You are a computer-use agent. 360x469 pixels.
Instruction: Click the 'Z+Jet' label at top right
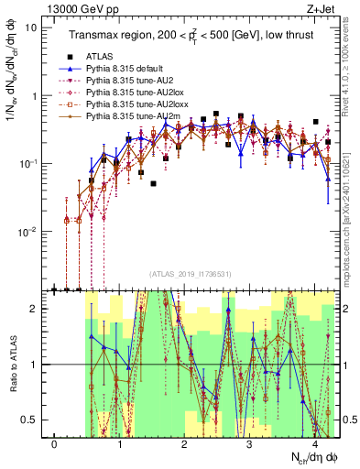[x=322, y=8]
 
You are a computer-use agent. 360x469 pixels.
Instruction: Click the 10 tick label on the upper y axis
[x=31, y=27]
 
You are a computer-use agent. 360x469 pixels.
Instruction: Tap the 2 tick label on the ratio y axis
[x=32, y=309]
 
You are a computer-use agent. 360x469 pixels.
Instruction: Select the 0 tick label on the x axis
[x=55, y=444]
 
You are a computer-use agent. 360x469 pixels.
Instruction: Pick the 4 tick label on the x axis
[x=314, y=444]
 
